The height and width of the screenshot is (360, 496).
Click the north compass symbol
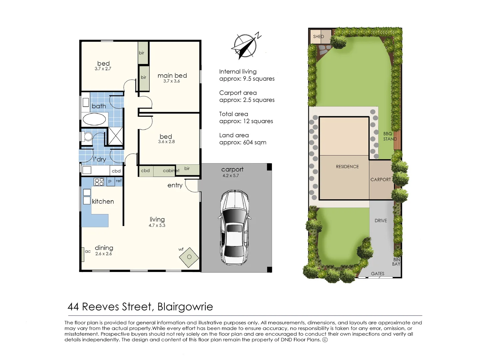coord(245,46)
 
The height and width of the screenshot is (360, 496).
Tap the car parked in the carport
coord(234,227)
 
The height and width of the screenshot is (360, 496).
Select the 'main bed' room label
coord(172,76)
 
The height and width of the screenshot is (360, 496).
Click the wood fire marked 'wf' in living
coord(189,257)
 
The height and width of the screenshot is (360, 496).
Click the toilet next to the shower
coord(88,137)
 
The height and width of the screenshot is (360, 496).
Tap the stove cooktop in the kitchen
coord(99,182)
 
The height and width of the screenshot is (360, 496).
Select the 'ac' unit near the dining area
coord(83,254)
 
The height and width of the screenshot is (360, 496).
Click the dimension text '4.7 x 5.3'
coord(157,225)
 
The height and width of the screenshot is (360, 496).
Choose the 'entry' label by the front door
coord(175,185)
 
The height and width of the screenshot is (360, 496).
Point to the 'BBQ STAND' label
coord(389,136)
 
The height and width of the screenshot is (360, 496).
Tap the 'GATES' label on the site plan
coord(377,274)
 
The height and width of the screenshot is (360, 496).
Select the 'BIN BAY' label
coord(396,262)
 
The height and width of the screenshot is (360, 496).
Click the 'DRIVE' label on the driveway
coord(381,221)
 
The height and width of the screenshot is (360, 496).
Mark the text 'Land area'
coord(234,135)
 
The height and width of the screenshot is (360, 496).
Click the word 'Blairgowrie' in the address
coord(185,307)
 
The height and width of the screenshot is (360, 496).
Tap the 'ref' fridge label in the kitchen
coord(119,181)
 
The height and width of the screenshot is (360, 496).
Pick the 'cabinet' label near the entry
coord(171,171)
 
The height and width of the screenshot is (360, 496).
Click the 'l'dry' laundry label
coord(99,159)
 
